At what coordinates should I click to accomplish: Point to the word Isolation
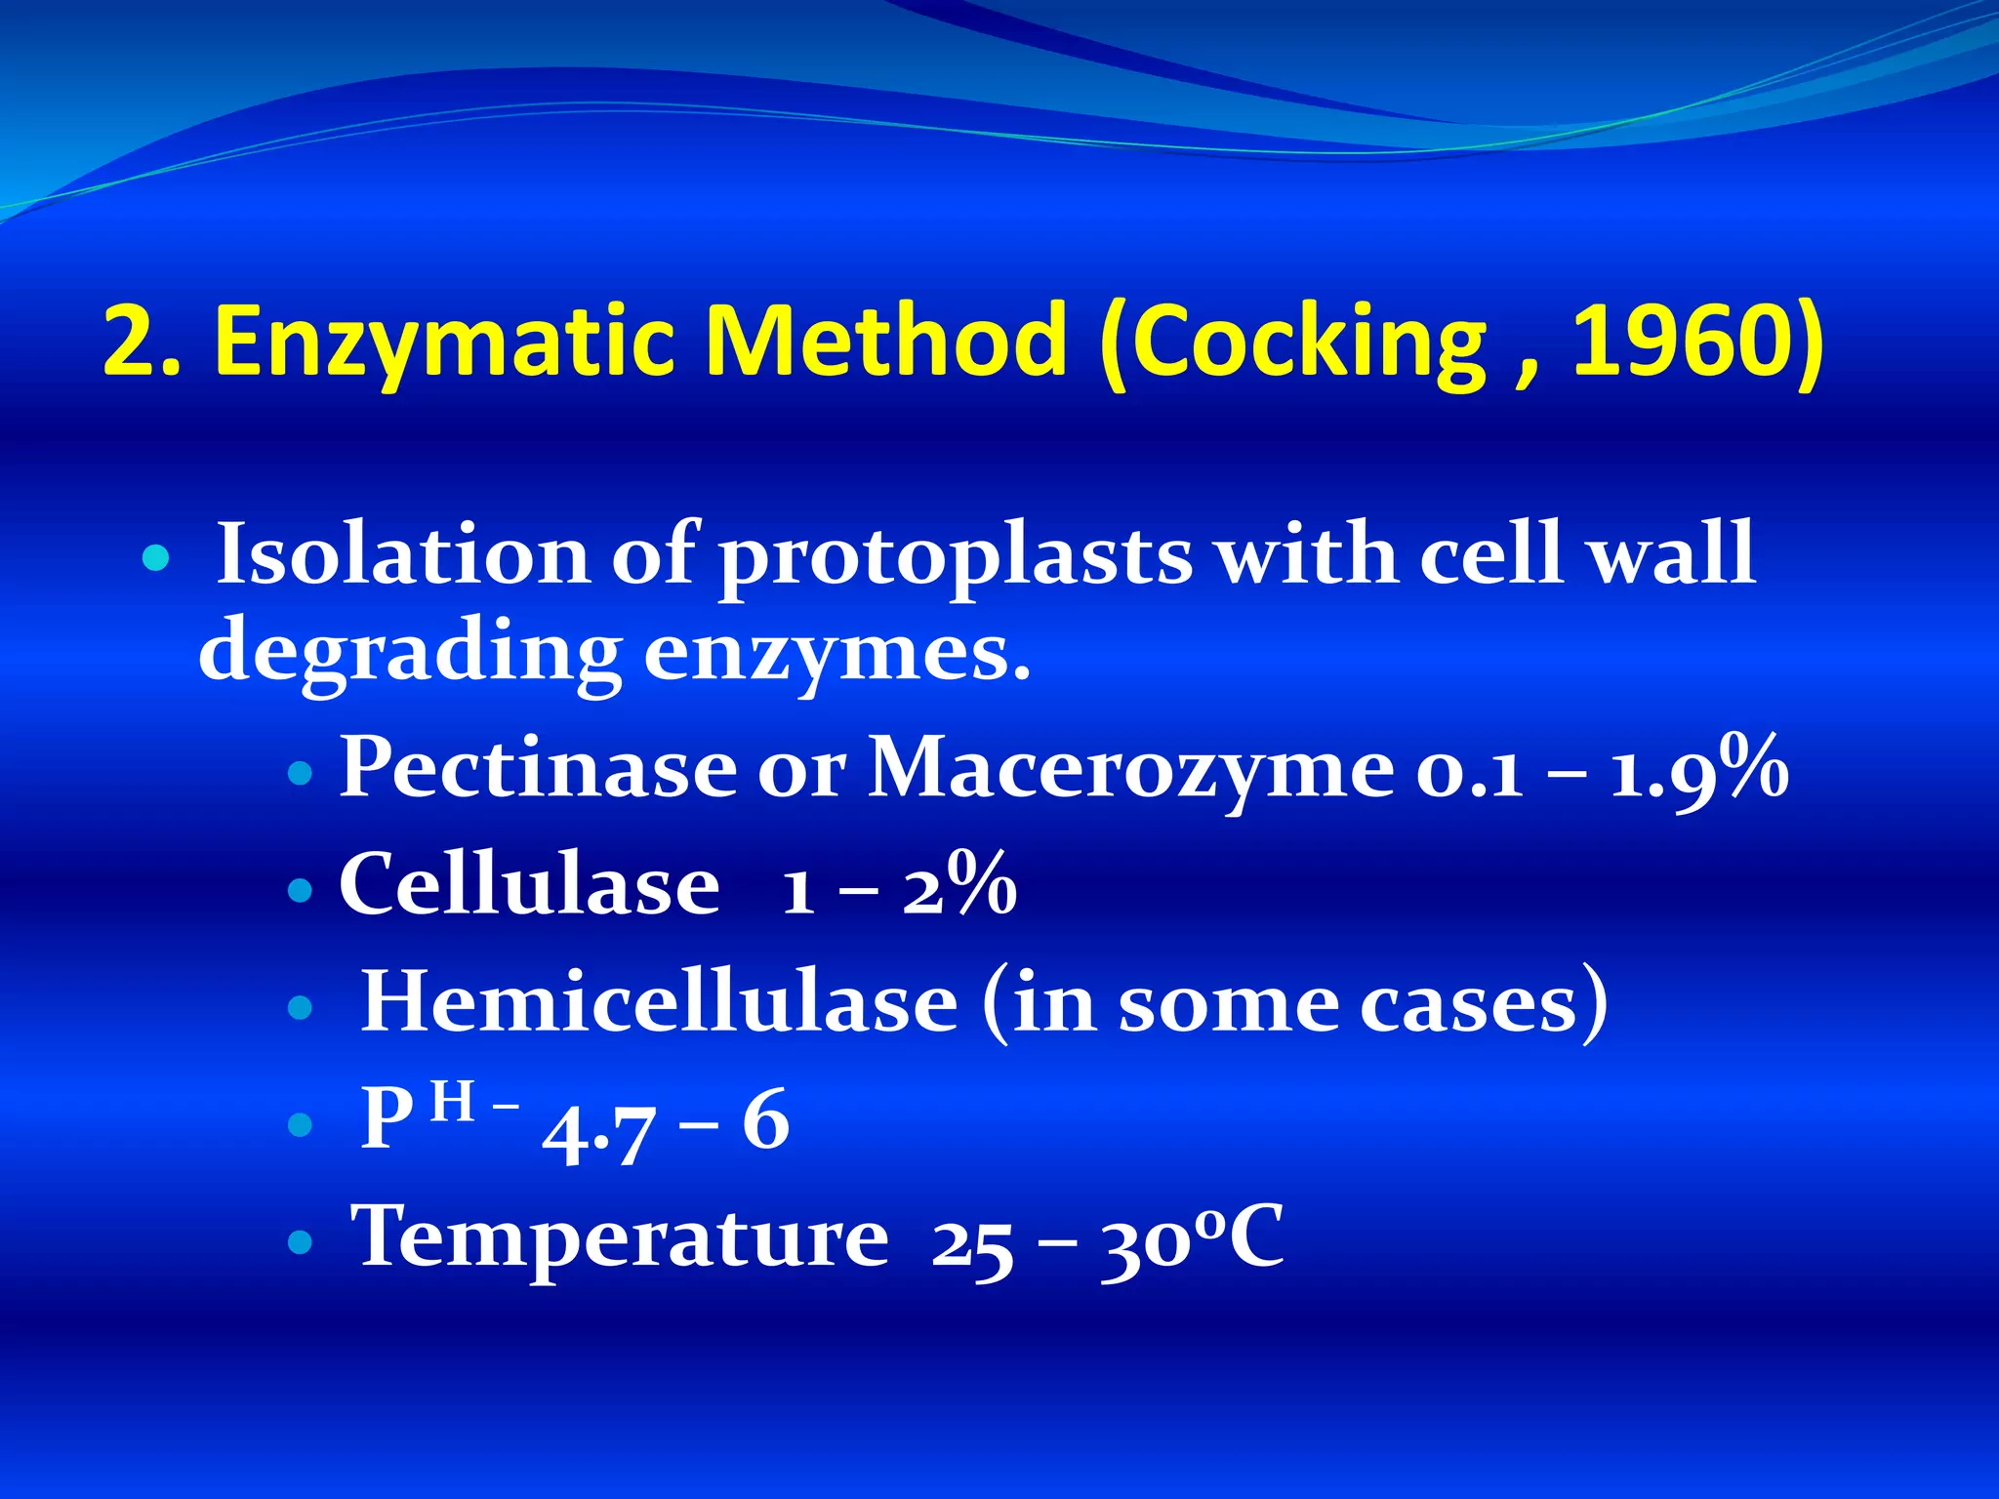coord(402,554)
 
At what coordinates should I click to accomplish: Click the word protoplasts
coord(955,558)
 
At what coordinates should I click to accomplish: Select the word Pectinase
coord(538,767)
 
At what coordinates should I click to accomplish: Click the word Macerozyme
coord(1131,769)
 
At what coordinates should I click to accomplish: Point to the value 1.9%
coord(1698,769)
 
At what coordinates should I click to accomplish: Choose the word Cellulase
coord(529,884)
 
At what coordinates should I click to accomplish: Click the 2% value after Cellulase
coord(959,884)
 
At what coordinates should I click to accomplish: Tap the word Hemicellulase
coord(659,1002)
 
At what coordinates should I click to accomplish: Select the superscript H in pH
coord(452,1103)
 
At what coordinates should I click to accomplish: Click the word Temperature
coord(620,1237)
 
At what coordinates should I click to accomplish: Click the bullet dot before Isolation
coord(155,559)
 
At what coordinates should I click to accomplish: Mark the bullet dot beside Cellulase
coord(301,890)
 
